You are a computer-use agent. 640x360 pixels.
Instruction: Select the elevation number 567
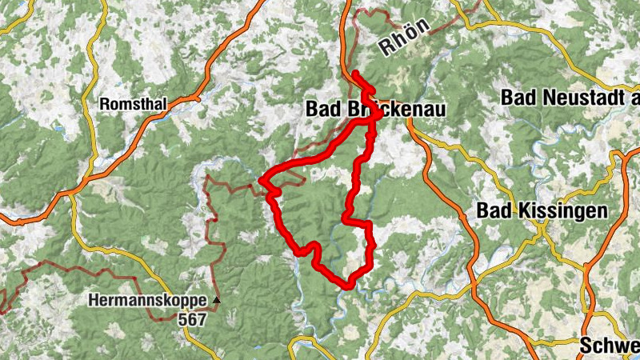click(x=193, y=319)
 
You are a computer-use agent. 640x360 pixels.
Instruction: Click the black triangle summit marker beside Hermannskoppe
click(x=215, y=301)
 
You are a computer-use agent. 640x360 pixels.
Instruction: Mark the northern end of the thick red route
click(x=354, y=74)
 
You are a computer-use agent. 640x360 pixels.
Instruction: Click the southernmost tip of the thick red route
click(x=348, y=286)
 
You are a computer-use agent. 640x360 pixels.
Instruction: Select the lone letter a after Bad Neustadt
click(x=635, y=98)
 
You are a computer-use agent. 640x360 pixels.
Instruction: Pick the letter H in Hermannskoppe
click(x=94, y=302)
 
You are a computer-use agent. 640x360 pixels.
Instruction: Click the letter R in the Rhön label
click(x=385, y=46)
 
